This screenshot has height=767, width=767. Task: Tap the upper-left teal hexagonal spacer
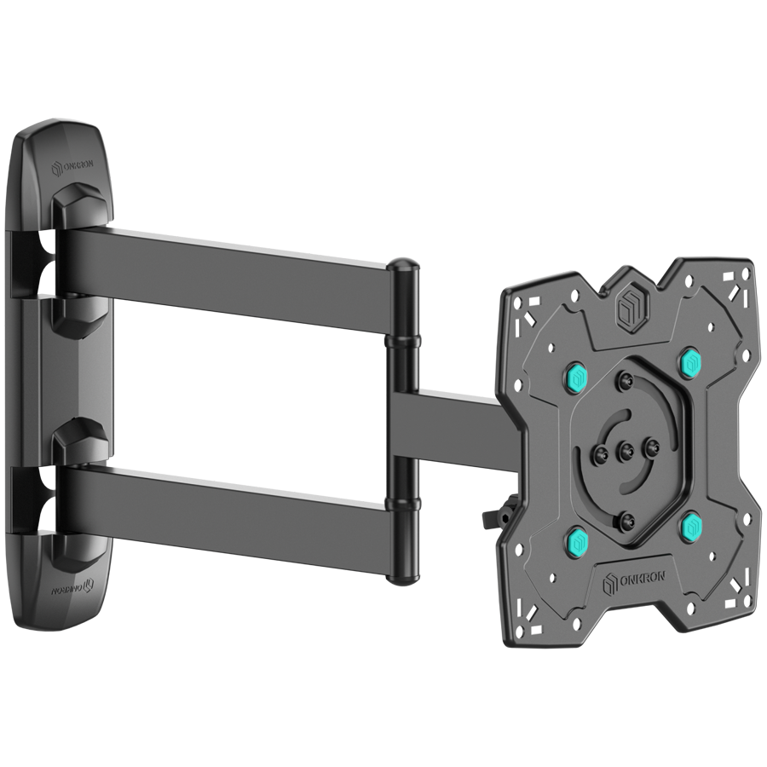576,375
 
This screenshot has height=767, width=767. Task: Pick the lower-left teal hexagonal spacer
577,539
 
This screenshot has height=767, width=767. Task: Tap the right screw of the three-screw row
652,447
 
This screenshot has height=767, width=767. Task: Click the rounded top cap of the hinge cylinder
404,268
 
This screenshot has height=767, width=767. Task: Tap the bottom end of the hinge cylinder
402,579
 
